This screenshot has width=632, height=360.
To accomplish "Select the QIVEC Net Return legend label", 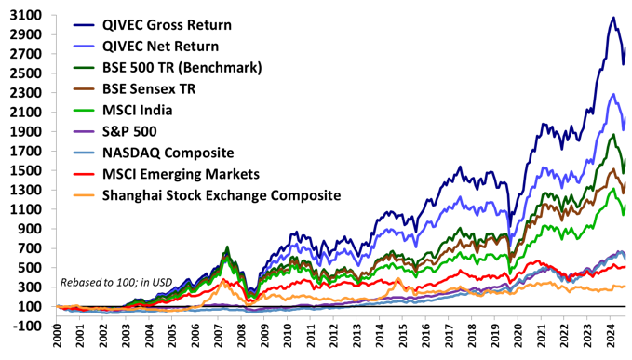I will [160, 46].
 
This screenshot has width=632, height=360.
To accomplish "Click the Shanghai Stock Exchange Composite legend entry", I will [221, 195].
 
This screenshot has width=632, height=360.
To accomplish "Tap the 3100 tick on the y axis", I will [25, 15].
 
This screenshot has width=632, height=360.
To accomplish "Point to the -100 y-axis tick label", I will [25, 326].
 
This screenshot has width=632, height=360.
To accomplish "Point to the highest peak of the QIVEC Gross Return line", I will [612, 18].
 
